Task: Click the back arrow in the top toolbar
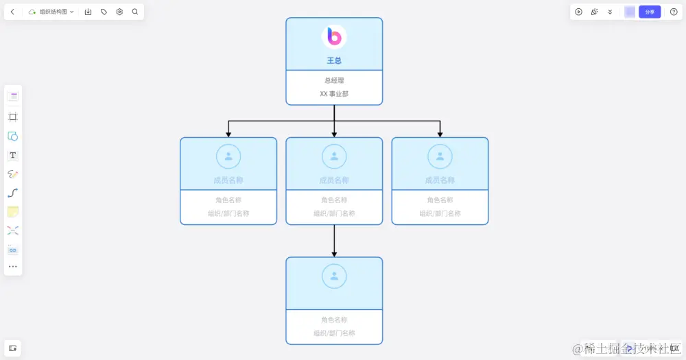[x=12, y=12]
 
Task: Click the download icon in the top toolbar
[x=88, y=12]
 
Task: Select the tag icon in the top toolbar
[x=104, y=12]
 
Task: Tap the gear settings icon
[x=119, y=12]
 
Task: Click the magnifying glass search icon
[x=134, y=12]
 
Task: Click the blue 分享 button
[x=650, y=12]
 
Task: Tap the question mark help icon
[x=674, y=12]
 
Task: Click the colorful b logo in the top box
[x=334, y=36]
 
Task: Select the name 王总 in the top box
[x=334, y=60]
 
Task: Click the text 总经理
[x=334, y=80]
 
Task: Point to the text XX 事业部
[x=334, y=93]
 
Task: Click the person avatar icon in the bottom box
[x=334, y=276]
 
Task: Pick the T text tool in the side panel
[x=13, y=155]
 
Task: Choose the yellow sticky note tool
[x=13, y=212]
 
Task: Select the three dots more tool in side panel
[x=13, y=266]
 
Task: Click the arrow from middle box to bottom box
[x=334, y=241]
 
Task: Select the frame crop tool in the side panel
[x=13, y=117]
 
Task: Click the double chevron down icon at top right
[x=610, y=12]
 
